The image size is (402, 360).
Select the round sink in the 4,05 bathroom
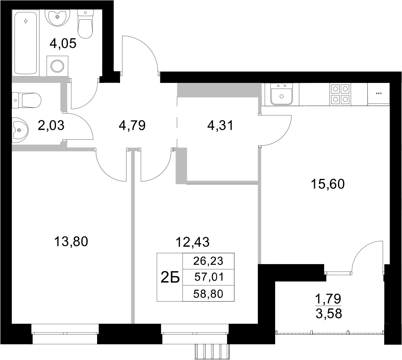click(59, 17)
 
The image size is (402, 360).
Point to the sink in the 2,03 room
click(19, 129)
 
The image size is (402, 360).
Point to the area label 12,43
click(193, 242)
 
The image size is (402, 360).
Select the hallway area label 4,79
click(132, 125)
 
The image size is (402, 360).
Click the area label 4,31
click(219, 125)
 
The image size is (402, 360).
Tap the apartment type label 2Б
click(170, 277)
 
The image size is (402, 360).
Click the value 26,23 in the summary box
click(208, 261)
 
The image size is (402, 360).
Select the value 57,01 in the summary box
click(208, 277)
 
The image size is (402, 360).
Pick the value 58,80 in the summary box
click(208, 294)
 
